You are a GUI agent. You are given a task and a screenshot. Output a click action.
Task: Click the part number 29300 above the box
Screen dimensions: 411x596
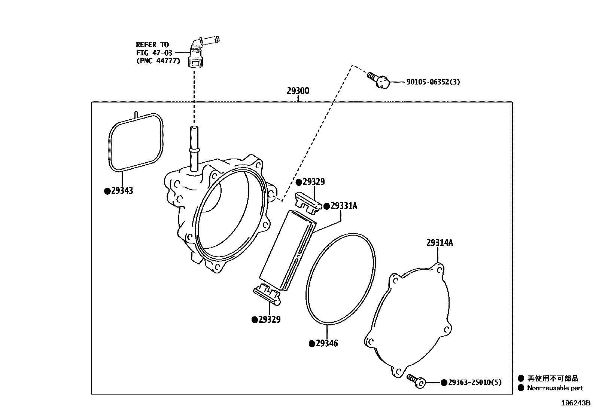point(298,91)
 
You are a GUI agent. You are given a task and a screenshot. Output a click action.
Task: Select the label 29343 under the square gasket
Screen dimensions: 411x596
point(122,191)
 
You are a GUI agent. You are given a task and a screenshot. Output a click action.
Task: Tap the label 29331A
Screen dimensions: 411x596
point(344,206)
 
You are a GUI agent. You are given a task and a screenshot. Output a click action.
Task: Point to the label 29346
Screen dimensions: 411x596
point(326,343)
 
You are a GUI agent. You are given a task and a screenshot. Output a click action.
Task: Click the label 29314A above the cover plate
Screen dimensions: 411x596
point(440,243)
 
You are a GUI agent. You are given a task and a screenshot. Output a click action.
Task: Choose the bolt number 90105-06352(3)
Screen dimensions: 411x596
point(433,82)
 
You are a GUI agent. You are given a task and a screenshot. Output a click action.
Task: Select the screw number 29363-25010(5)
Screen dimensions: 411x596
point(475,382)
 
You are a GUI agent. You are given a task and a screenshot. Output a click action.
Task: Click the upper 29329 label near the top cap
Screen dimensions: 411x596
point(314,182)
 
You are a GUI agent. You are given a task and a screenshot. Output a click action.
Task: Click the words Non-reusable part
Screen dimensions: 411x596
point(555,388)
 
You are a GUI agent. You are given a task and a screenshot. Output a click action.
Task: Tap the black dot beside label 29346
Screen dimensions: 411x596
point(311,344)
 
